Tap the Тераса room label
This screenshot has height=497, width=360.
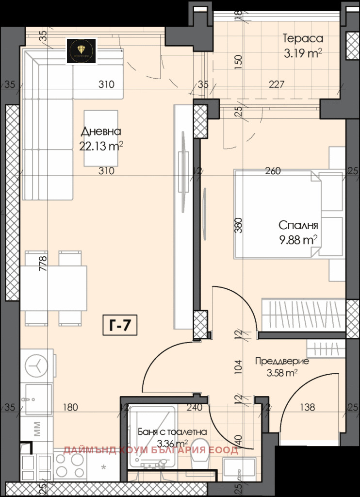tap(303, 38)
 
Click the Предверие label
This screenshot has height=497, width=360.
tap(282, 361)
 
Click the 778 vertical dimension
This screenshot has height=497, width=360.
tap(43, 263)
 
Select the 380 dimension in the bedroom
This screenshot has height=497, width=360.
tap(238, 226)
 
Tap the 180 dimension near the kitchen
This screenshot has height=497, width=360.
tap(70, 407)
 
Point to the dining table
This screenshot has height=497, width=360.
tap(53, 288)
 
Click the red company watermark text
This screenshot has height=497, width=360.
tap(150, 450)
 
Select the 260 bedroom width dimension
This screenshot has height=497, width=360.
tap(273, 171)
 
